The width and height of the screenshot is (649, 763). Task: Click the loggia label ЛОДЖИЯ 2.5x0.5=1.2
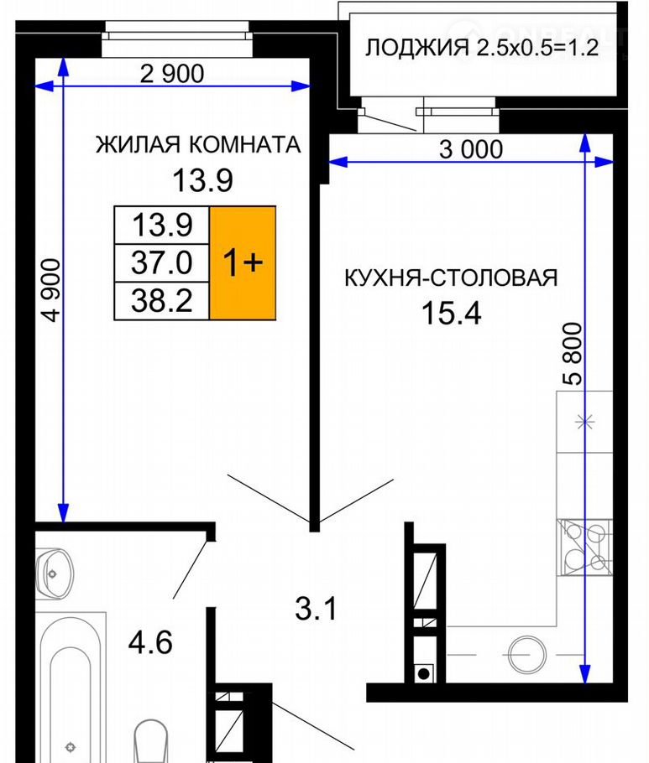point(481,48)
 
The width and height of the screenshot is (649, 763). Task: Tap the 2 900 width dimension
point(172,74)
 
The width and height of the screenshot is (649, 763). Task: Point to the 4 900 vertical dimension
point(51,290)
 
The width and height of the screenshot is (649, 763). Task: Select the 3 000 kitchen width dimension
point(471,149)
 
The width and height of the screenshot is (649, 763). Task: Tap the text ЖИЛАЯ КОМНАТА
point(198,144)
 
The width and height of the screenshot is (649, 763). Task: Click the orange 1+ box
point(243,262)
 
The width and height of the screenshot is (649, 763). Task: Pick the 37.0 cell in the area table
point(162,262)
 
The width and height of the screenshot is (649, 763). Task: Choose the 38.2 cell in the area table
point(162,301)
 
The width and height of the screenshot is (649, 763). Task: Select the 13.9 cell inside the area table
point(162,226)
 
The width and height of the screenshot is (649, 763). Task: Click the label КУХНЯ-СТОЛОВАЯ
point(451,278)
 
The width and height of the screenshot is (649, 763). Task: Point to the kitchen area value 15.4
point(451,313)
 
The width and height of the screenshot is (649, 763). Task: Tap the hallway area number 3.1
point(316,609)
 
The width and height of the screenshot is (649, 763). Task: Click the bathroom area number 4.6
point(150,643)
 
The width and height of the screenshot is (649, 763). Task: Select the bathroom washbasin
point(55,574)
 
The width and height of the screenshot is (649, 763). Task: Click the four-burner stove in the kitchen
point(584,548)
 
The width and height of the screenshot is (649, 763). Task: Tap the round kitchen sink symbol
point(526,655)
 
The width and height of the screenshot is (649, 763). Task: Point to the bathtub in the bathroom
point(71,687)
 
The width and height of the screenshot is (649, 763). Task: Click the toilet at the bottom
point(150,741)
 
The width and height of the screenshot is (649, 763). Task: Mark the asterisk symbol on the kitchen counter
point(584,422)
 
